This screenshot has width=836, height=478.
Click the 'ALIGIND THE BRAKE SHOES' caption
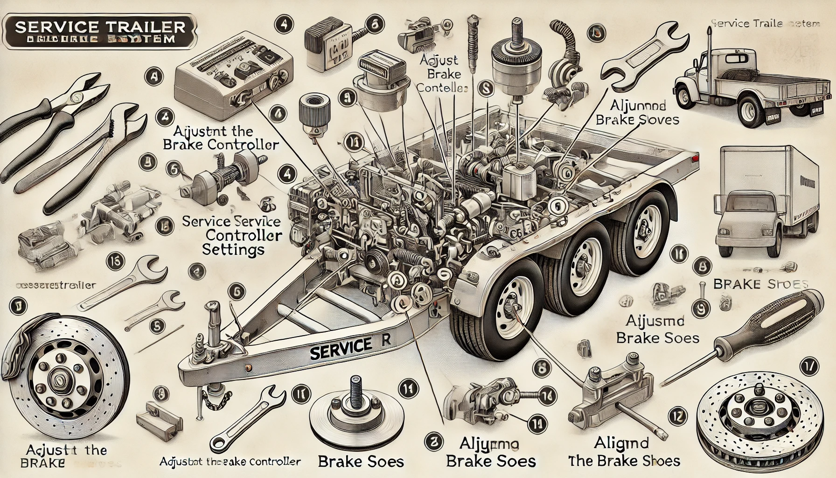tap(624, 452)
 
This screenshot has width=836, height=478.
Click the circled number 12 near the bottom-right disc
tap(678, 415)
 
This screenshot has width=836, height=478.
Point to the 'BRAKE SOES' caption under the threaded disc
tap(361, 462)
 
